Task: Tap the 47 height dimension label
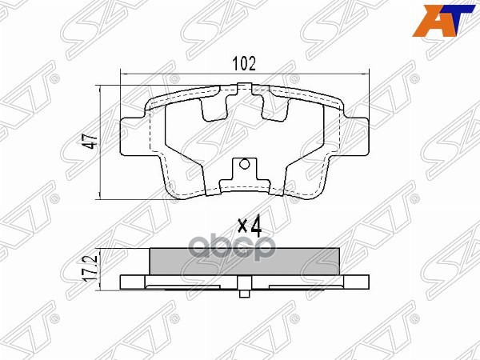point(91,142)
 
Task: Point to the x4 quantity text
point(250,226)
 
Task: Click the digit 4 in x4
point(257,226)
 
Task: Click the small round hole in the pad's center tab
point(246,168)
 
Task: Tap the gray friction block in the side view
point(246,262)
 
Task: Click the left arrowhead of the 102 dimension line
point(122,74)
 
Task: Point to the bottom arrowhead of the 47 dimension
point(99,196)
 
